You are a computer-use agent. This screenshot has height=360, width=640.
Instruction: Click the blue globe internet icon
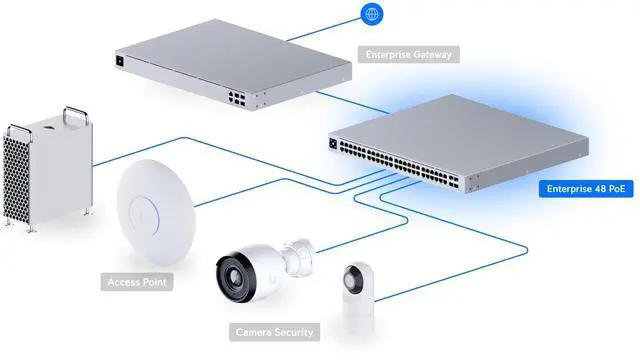click(372, 15)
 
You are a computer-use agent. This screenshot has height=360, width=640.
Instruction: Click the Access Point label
click(138, 283)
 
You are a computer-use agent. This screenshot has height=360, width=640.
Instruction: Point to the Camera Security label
click(274, 331)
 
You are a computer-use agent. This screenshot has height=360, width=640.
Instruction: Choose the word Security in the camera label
click(292, 331)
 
